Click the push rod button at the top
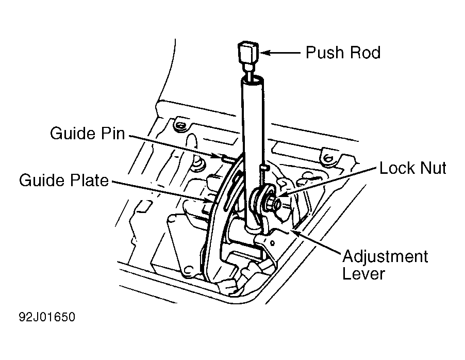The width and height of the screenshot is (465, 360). click(248, 52)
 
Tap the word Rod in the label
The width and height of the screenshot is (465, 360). click(366, 53)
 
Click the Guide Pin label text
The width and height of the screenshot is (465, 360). click(88, 133)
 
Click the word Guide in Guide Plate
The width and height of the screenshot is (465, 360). click(42, 180)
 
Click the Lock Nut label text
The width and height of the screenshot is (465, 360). click(413, 168)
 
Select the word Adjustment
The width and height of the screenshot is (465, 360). click(385, 256)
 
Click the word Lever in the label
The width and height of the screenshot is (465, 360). click(363, 273)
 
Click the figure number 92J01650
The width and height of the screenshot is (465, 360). click(47, 317)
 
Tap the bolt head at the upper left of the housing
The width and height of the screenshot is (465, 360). click(180, 125)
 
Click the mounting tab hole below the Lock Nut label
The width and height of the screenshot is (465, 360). click(328, 159)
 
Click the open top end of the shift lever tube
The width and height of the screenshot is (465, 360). click(252, 80)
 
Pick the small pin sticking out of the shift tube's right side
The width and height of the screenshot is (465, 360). click(264, 168)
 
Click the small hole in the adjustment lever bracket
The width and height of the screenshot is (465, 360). click(272, 243)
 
